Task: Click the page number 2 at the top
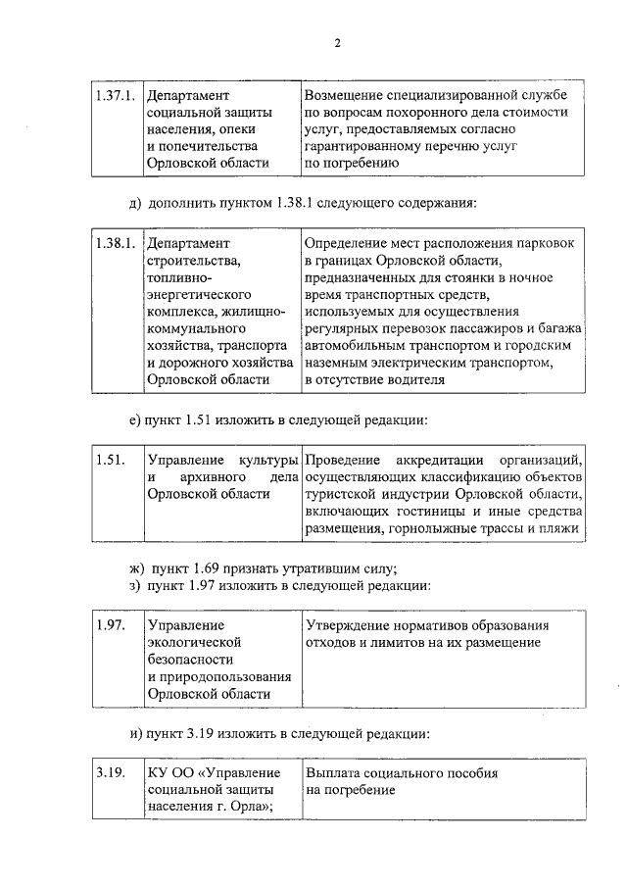tap(336, 42)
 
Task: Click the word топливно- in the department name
tap(179, 277)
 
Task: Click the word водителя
tap(399, 379)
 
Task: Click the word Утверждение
tap(349, 625)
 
